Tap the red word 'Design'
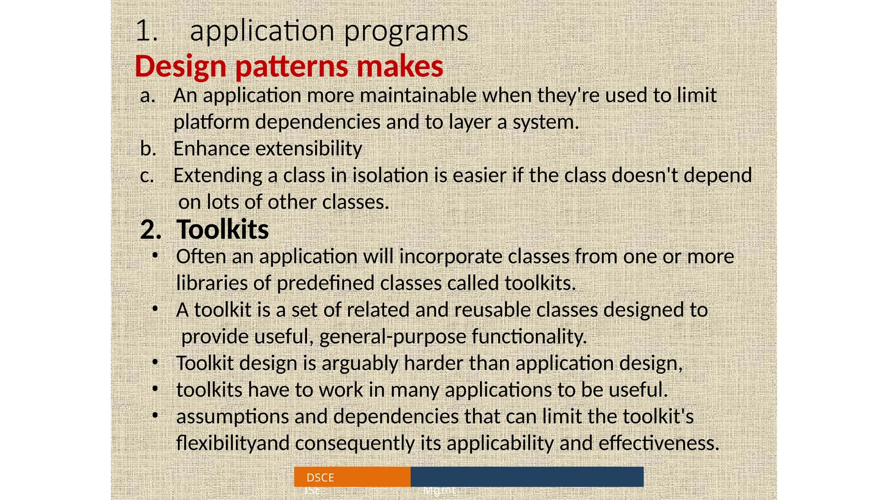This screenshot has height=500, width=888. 180,67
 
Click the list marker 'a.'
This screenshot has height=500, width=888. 147,96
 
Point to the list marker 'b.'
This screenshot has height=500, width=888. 148,149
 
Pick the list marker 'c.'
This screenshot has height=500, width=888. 147,176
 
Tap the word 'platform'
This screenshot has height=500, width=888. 211,122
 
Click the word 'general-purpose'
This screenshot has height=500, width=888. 392,337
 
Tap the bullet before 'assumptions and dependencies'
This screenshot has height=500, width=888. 155,415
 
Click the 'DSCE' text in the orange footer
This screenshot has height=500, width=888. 320,477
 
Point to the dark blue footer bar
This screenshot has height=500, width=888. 527,477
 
